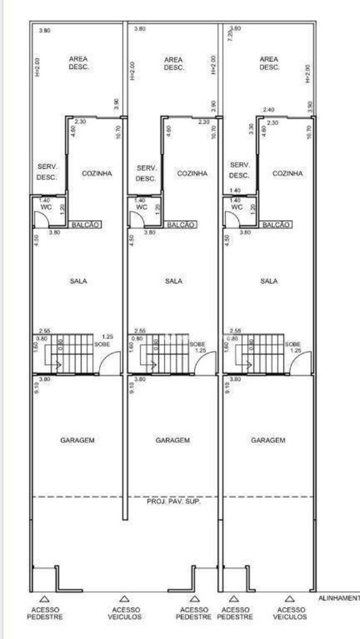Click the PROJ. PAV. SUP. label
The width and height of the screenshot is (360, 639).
click(x=174, y=502)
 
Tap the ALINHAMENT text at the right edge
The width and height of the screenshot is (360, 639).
click(x=339, y=598)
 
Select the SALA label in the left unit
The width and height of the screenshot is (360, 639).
click(x=80, y=281)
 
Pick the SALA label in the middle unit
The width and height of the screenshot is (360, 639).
click(x=174, y=281)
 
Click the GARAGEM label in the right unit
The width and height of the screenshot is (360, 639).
click(x=268, y=440)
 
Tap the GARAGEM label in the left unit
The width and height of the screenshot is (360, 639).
click(x=78, y=440)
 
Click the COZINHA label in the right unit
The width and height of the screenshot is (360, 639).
click(x=287, y=173)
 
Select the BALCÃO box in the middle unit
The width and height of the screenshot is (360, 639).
click(x=181, y=225)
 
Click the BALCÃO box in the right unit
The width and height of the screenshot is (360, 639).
click(x=276, y=225)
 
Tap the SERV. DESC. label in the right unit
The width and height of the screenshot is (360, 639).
click(x=239, y=170)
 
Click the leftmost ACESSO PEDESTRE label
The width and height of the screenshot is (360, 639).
click(x=45, y=613)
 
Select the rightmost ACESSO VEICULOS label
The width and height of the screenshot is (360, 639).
click(x=290, y=613)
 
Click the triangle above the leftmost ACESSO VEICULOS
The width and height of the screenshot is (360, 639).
click(x=125, y=599)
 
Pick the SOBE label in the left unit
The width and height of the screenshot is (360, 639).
click(x=102, y=344)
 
